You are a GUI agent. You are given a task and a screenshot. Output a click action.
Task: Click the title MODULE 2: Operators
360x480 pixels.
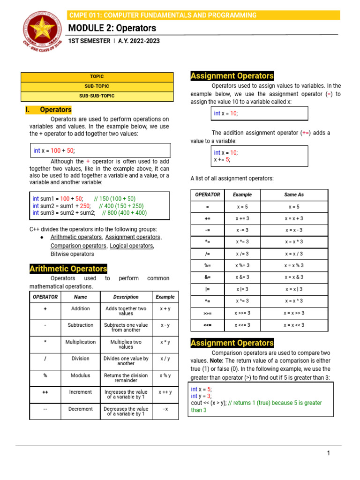[x=112, y=28]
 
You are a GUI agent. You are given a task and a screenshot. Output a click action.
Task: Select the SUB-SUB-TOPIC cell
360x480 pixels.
[x=97, y=96]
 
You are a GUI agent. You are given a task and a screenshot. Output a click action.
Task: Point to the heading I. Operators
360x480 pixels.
[x=48, y=110]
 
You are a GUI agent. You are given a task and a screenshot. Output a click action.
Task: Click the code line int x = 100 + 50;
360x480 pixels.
[x=54, y=150]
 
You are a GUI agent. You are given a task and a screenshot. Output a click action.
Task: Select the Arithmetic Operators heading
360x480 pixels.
[x=68, y=269]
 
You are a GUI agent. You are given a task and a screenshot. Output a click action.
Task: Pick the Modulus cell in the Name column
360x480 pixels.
[x=80, y=375]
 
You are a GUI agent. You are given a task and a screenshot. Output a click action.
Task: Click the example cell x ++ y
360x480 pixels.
[x=165, y=392]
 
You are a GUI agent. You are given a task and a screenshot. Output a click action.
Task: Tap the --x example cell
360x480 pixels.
[x=165, y=409]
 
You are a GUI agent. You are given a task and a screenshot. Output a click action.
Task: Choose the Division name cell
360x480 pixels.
[x=80, y=359]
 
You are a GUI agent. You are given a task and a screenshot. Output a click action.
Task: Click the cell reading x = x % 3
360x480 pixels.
[x=294, y=265]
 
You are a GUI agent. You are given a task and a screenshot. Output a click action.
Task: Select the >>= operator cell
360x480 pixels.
[x=207, y=313]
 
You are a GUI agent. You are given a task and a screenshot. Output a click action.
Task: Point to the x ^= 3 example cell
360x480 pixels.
[x=242, y=301]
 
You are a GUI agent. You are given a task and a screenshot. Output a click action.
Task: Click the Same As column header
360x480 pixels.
[x=294, y=195]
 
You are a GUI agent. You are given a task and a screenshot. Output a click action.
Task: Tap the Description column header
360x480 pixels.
[x=126, y=297]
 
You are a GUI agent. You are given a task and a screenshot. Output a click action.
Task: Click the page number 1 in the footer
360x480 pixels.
[x=329, y=453]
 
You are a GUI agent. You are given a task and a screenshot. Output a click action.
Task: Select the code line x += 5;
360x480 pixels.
[x=222, y=159]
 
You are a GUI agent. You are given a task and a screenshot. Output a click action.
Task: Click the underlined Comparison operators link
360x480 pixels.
[x=78, y=246]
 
